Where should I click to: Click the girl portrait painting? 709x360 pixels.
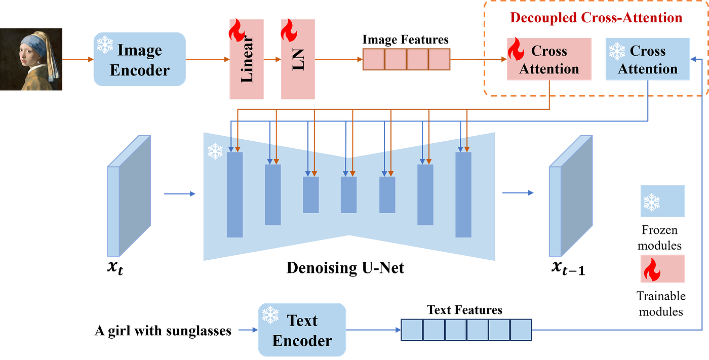tap(31, 59)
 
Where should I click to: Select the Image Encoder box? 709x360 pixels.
tap(139, 59)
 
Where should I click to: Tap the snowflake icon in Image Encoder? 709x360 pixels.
tap(105, 45)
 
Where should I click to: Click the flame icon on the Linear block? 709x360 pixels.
tap(235, 31)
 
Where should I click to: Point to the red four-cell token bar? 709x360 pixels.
tap(406, 59)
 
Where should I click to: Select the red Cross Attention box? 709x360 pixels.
tap(549, 59)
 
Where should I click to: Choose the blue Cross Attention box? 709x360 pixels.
tap(648, 59)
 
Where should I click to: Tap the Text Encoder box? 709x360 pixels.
tap(302, 330)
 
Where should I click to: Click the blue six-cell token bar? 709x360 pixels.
tap(466, 330)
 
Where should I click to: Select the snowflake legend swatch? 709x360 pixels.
tap(662, 202)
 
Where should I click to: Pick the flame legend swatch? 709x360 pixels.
tap(662, 268)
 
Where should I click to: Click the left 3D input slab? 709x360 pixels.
tap(129, 195)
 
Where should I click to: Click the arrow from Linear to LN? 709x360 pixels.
tap(272, 59)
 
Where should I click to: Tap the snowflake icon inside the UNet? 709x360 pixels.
tap(215, 151)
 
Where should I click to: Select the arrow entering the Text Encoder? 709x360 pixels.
tap(247, 330)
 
